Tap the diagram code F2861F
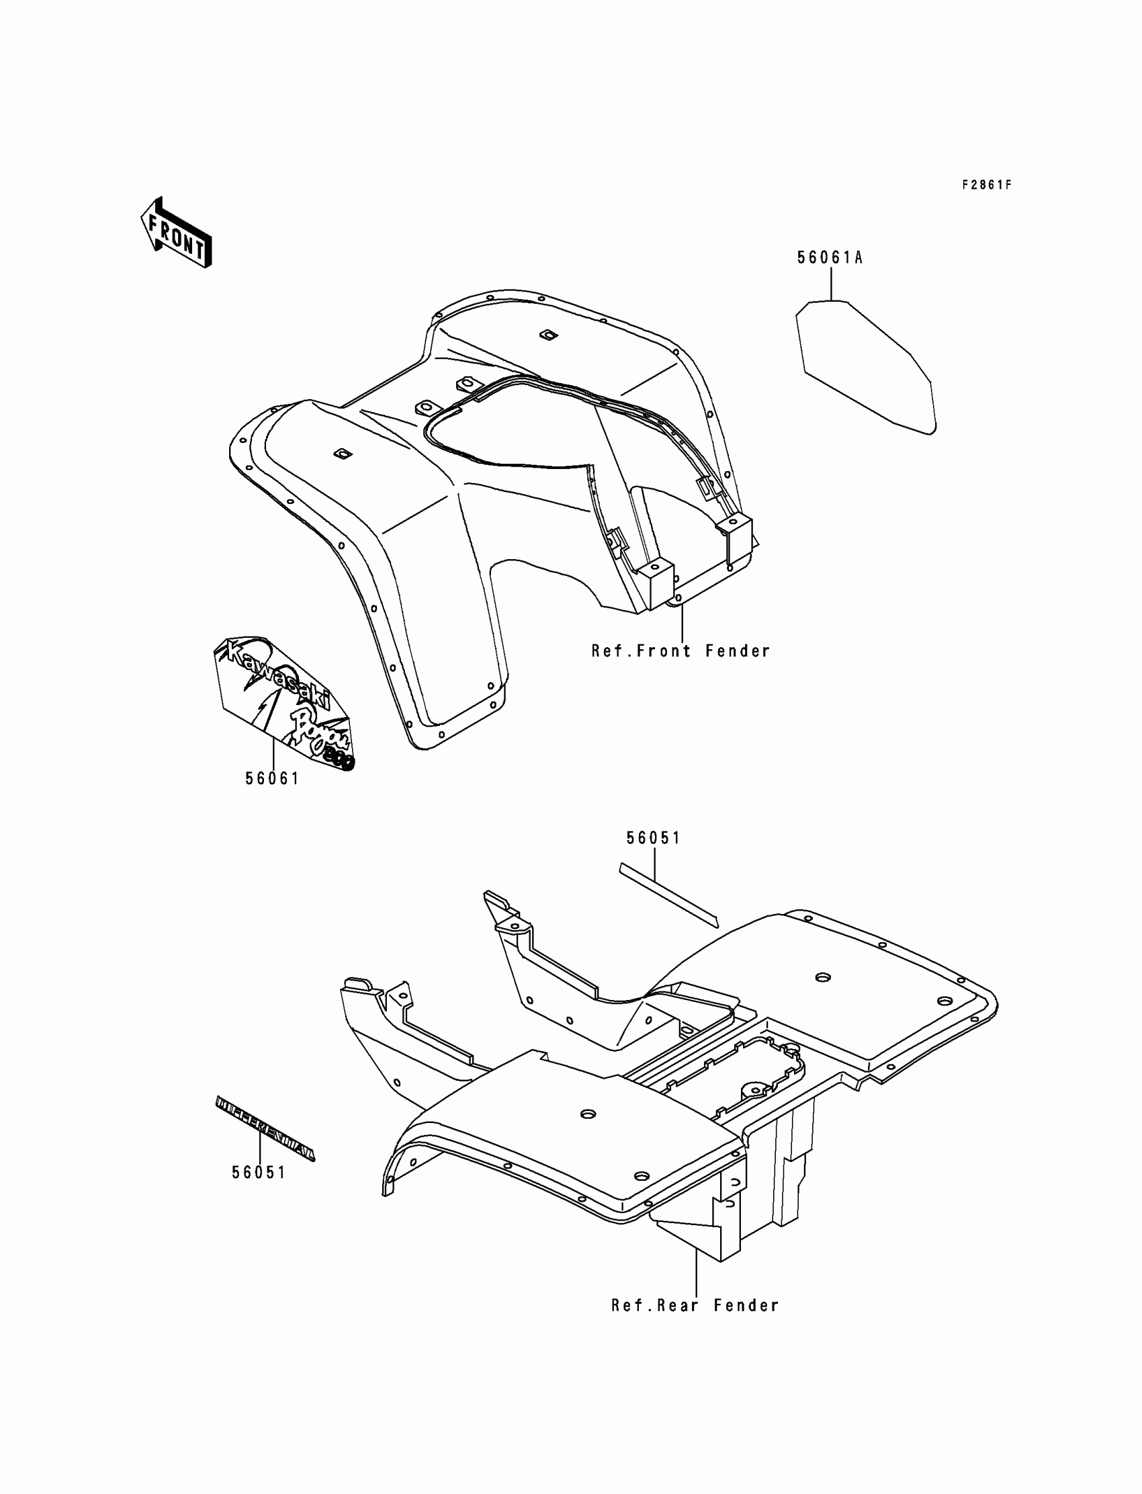pyautogui.click(x=986, y=185)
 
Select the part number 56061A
pyautogui.click(x=830, y=257)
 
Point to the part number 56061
pyautogui.click(x=272, y=779)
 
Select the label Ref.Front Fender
pyautogui.click(x=681, y=651)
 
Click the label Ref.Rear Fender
pyautogui.click(x=695, y=1306)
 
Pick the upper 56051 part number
pyautogui.click(x=653, y=839)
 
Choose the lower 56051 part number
pyautogui.click(x=259, y=1172)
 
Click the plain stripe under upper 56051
pyautogui.click(x=668, y=895)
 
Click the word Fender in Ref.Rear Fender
pyautogui.click(x=746, y=1306)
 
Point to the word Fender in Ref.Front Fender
pyautogui.click(x=738, y=651)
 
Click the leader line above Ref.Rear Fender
pyautogui.click(x=696, y=1270)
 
